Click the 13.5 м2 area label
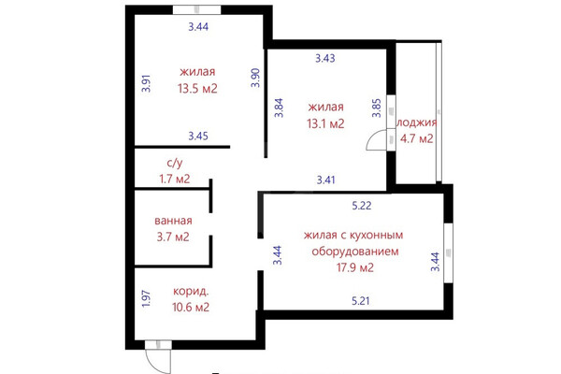point(197,89)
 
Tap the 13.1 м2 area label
point(325,123)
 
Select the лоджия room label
point(417,122)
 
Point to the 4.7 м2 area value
point(417,138)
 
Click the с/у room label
point(175,163)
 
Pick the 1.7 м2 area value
point(175,179)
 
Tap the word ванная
point(173,221)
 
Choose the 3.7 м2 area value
point(173,237)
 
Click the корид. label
point(191,292)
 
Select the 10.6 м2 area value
point(191,307)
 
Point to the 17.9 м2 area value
point(355,267)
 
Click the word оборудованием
point(355,252)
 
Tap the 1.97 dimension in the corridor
point(146,298)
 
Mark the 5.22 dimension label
point(362,206)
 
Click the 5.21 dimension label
point(360,301)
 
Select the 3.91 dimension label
point(146,83)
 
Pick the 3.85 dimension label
point(377,108)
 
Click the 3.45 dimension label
point(198,136)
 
